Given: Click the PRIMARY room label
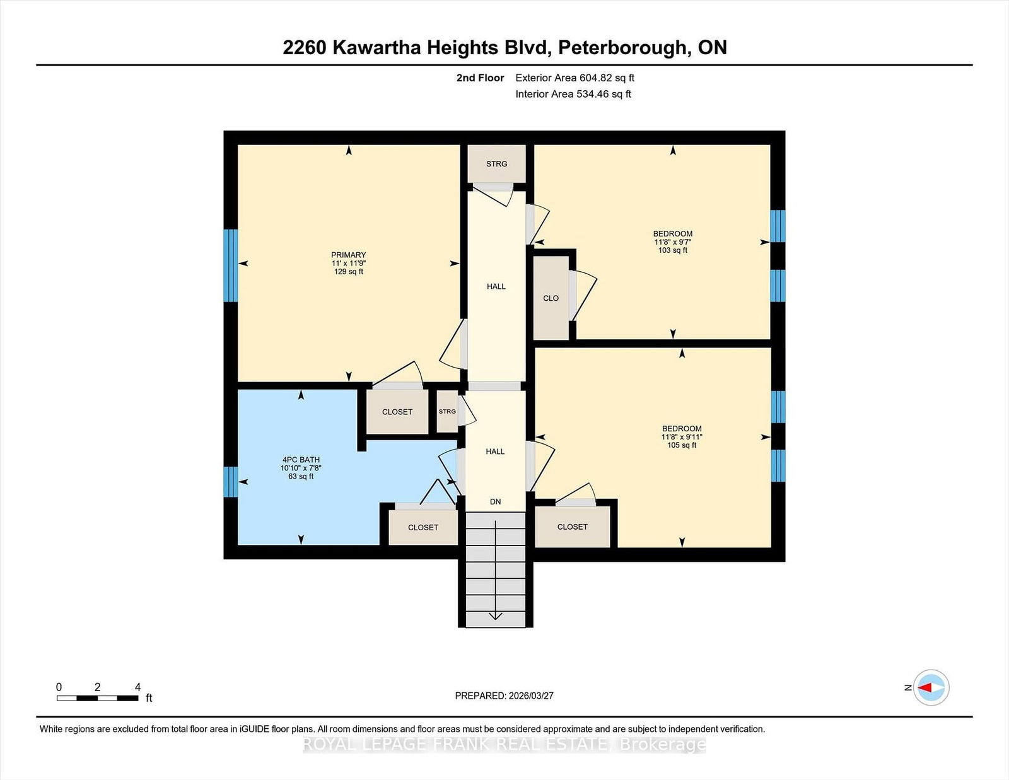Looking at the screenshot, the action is (x=348, y=255).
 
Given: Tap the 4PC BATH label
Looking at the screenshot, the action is (x=301, y=460).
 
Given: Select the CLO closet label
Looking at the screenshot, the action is (x=551, y=298).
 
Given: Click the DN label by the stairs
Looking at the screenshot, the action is (x=496, y=501).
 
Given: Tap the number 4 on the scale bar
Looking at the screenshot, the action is (x=137, y=687).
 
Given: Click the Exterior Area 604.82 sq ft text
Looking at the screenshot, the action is (x=574, y=78).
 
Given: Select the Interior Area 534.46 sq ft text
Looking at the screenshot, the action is (x=573, y=94).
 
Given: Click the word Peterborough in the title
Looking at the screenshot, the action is (x=623, y=48).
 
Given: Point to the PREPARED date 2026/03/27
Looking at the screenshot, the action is (x=531, y=696).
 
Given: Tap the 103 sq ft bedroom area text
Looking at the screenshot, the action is (x=672, y=250).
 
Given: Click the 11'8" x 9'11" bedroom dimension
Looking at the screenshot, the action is (x=682, y=437).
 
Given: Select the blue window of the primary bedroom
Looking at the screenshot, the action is (x=231, y=265).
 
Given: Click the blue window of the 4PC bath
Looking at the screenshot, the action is (x=231, y=482).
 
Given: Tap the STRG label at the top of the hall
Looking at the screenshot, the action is (x=496, y=164).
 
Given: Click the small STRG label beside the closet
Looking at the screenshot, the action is (x=447, y=411).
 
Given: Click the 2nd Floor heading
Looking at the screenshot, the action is (x=480, y=78).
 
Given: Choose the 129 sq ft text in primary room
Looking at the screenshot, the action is (x=348, y=272).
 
